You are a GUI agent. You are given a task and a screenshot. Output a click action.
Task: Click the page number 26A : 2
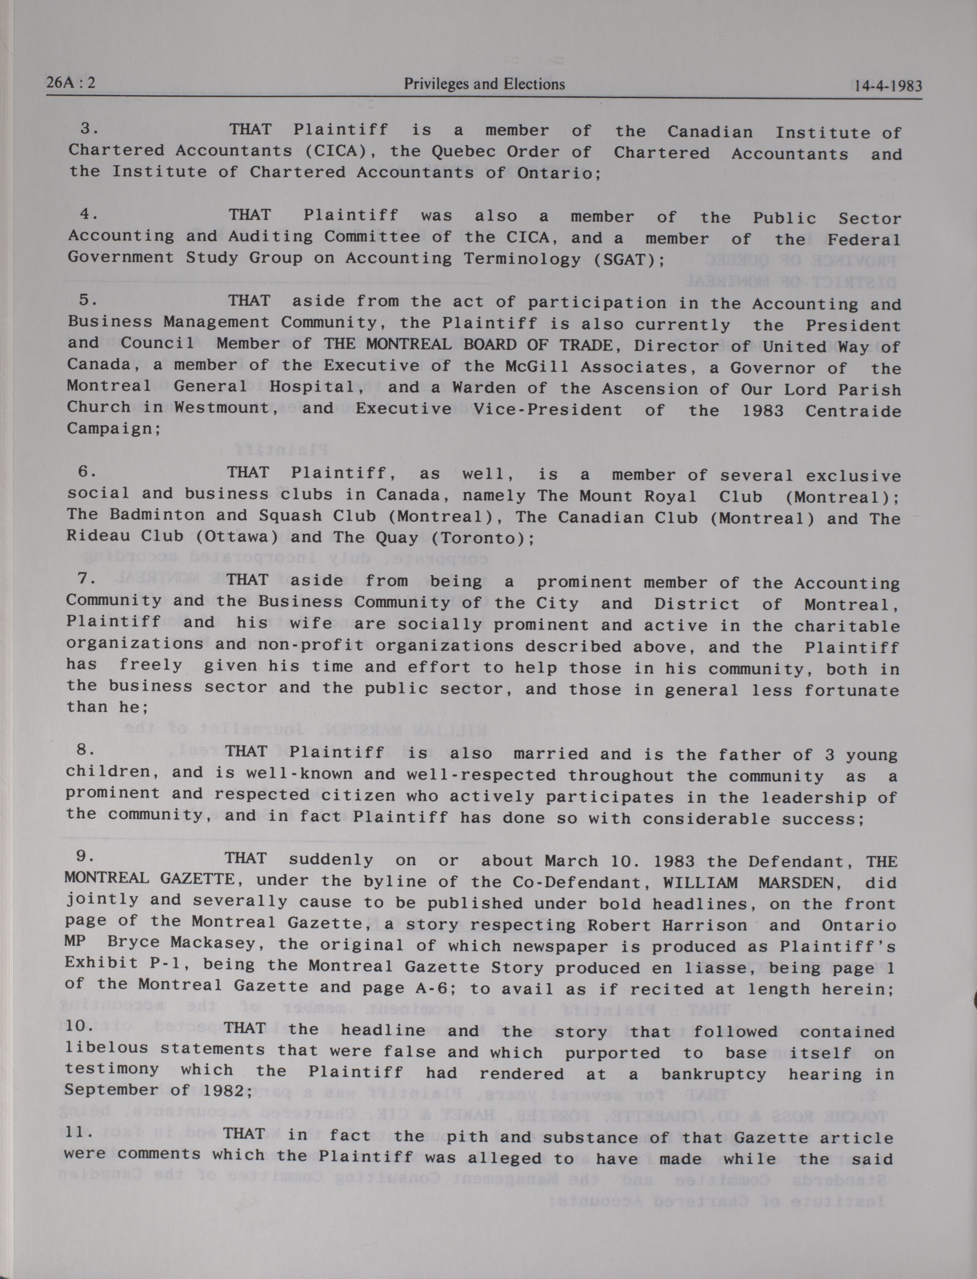(x=71, y=84)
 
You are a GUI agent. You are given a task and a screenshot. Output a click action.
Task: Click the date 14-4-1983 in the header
(x=885, y=86)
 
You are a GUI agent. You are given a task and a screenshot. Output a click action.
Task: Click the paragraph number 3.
(x=88, y=129)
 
